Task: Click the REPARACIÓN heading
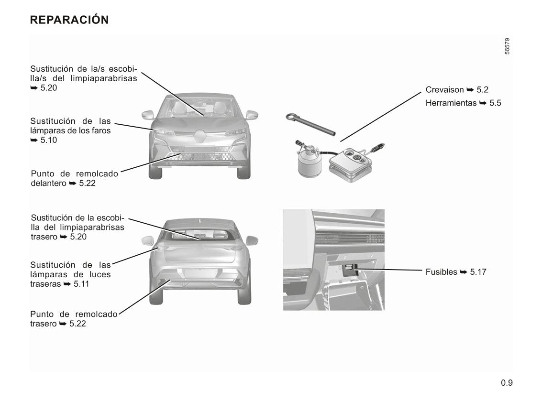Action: click(x=69, y=19)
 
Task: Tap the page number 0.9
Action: click(x=507, y=383)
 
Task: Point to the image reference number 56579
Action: click(x=507, y=46)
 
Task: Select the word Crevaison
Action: click(x=444, y=90)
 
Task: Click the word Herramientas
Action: click(x=451, y=103)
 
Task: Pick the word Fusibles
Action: click(x=441, y=272)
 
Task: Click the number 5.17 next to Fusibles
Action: click(x=478, y=272)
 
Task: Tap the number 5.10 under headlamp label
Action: click(x=49, y=140)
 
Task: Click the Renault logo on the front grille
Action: click(x=199, y=136)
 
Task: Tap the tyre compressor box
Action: click(x=351, y=164)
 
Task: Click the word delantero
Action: click(x=48, y=183)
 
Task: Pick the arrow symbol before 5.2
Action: click(x=470, y=90)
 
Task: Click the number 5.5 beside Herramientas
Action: click(x=495, y=103)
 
